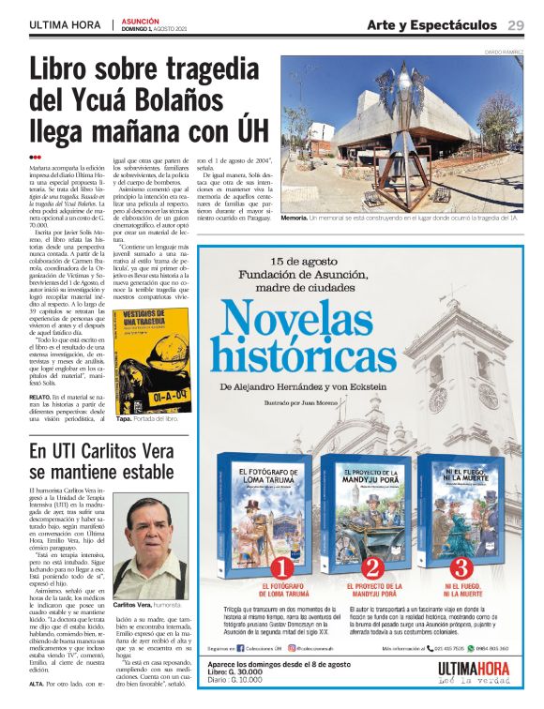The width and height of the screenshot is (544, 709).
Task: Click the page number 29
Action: pos(516,24)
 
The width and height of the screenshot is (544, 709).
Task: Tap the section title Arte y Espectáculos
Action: pos(432,24)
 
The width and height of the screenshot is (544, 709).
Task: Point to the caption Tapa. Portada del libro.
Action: pos(147,420)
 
